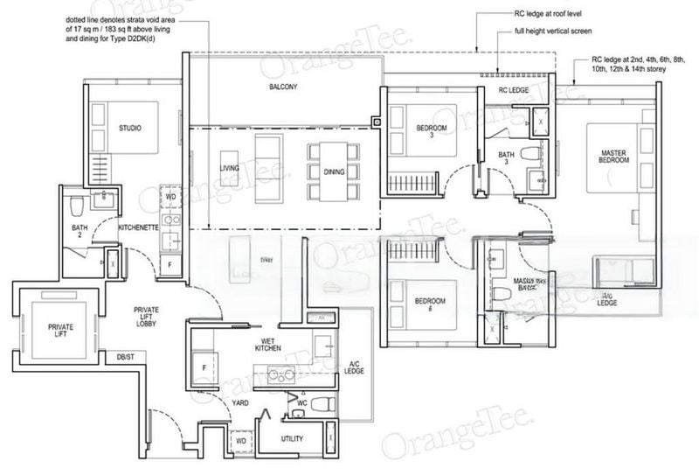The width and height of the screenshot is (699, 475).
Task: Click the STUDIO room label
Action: pyautogui.click(x=130, y=129)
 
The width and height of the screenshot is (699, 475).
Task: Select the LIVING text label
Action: pyautogui.click(x=230, y=168)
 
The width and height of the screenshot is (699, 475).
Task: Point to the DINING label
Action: pyautogui.click(x=334, y=172)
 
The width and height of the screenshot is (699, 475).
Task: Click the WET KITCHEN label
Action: pyautogui.click(x=267, y=344)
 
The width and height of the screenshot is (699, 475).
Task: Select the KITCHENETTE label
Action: pyautogui.click(x=137, y=227)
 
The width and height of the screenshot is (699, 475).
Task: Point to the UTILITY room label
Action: pyautogui.click(x=291, y=437)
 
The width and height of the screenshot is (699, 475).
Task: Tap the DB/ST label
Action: pyautogui.click(x=126, y=357)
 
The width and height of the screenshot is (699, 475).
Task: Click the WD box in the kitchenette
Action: pyautogui.click(x=170, y=197)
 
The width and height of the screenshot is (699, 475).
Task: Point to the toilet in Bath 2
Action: pyautogui.click(x=76, y=206)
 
